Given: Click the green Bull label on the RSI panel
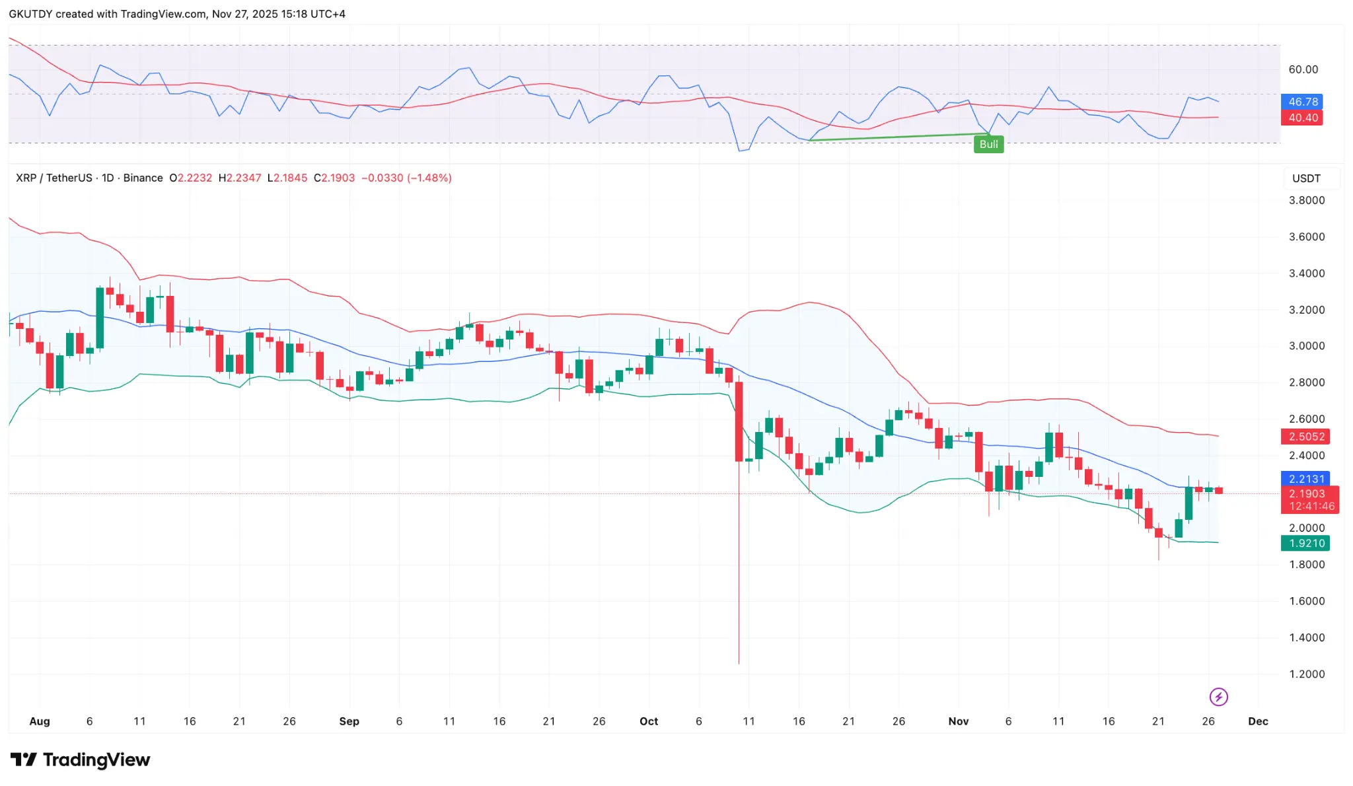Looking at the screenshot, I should [988, 144].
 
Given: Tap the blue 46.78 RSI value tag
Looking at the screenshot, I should [1302, 102].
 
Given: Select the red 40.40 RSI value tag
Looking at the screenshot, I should [1302, 118].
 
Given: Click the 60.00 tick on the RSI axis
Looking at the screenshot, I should [1303, 69].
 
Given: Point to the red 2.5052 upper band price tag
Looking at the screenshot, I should [1305, 437].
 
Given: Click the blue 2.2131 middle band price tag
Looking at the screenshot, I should [1305, 479].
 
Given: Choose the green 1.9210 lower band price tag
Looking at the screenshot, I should [1305, 544].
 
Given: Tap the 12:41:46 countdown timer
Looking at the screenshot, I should [1311, 507].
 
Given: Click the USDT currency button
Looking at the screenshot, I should [1306, 178].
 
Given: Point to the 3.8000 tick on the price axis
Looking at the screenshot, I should [1306, 200].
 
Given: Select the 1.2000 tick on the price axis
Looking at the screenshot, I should [1306, 674].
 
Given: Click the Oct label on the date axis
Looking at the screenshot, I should [649, 721].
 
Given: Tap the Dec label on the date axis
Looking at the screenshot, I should [1258, 721].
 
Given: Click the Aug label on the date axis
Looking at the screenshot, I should [40, 721].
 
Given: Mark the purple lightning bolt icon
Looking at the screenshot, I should [1218, 697].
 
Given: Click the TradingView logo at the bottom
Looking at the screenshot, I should [81, 760].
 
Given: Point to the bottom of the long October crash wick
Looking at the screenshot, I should [739, 662].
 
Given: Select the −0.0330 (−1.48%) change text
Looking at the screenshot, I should [406, 178].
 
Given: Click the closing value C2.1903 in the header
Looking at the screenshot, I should [334, 178].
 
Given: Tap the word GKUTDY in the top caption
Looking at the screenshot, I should [30, 14].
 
